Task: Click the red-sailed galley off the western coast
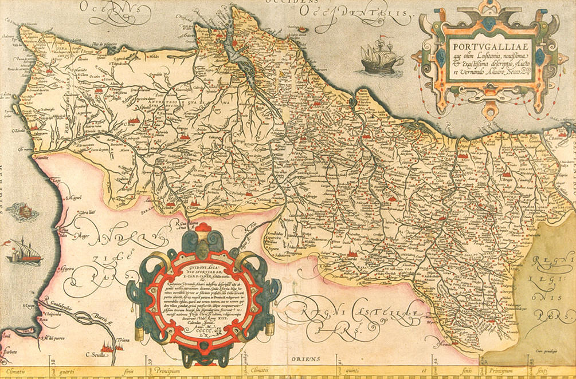point(23,251)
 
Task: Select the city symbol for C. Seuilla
point(107,345)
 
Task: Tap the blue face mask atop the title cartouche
point(488,23)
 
